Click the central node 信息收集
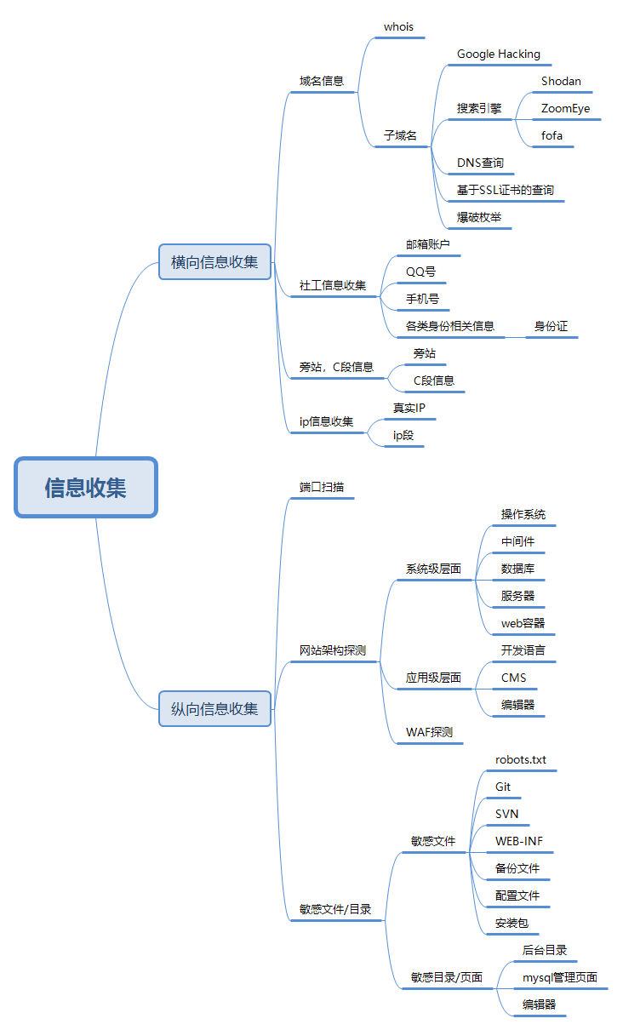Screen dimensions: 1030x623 86,488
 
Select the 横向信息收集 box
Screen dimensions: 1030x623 214,262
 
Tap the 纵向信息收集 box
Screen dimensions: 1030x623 214,708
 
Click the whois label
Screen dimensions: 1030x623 398,27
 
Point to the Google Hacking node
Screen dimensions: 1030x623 498,54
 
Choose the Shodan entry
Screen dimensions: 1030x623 561,82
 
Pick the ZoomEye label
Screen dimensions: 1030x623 565,109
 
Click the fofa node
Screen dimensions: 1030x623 552,136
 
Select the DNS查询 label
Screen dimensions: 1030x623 480,163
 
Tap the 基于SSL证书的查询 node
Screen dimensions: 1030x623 505,190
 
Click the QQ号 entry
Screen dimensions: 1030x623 420,272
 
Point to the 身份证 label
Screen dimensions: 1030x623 551,326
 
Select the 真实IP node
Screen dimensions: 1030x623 409,409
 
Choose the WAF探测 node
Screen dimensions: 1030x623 429,732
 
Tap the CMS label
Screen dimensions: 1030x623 513,678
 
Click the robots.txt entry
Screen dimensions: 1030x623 521,759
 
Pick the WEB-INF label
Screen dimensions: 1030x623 519,841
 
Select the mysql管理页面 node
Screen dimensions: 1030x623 559,977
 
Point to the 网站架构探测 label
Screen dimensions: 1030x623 332,651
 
